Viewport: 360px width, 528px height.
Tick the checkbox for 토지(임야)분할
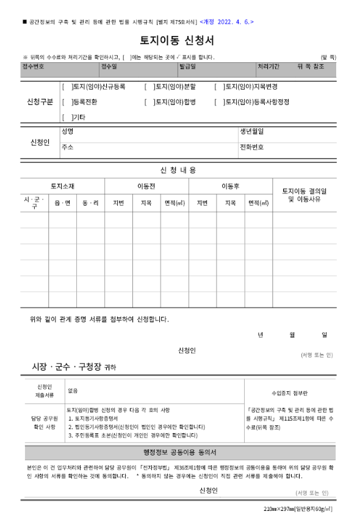tap(149, 87)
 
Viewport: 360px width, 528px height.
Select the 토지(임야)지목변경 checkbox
tap(218, 87)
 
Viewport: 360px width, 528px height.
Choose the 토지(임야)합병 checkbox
tap(149, 102)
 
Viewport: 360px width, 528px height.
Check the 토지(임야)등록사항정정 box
tap(218, 102)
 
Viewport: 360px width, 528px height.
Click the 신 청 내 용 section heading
tap(178, 170)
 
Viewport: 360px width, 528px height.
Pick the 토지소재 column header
tap(62, 186)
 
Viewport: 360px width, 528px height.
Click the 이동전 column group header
tap(146, 186)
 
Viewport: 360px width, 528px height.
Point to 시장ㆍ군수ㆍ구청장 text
tap(68, 366)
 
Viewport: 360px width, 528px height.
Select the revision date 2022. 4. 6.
tap(226, 22)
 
